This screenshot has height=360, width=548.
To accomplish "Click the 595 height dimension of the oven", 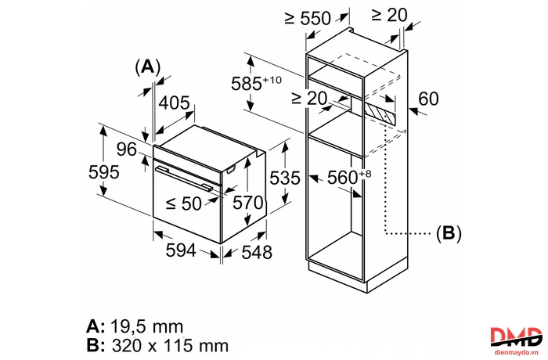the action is [x=104, y=172].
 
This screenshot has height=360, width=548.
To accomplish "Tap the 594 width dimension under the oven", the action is [x=181, y=250].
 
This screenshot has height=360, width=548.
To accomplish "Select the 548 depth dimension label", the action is [x=257, y=252].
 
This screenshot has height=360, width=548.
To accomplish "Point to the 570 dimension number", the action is [x=248, y=203].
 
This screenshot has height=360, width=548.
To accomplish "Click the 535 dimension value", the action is [x=285, y=178].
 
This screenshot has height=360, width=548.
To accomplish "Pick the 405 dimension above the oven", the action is [x=174, y=103].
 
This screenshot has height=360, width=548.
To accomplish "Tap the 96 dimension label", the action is [x=127, y=149].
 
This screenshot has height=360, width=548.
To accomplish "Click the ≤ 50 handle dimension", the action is [x=183, y=203].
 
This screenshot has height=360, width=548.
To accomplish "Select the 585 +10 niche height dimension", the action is [x=256, y=83].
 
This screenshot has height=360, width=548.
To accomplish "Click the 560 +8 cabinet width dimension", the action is [x=349, y=177].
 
